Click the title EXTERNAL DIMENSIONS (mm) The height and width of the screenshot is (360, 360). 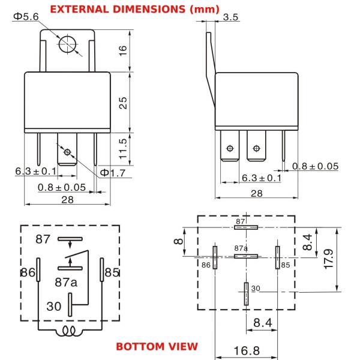tap(134, 10)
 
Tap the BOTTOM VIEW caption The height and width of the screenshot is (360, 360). tap(157, 346)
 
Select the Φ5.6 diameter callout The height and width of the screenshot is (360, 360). tap(26, 17)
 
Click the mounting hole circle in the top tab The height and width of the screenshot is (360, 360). tap(67, 44)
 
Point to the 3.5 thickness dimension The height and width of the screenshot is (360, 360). tap(230, 17)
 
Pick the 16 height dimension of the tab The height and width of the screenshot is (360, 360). tap(123, 50)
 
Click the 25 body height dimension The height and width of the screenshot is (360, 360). tap(123, 103)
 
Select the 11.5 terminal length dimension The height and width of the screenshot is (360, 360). tap(123, 149)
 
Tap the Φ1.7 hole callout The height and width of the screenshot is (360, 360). tap(113, 173)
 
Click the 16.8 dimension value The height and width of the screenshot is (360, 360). tap(247, 351)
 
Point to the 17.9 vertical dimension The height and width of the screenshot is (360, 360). tap(329, 259)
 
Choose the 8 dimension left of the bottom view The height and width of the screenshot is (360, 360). tap(179, 241)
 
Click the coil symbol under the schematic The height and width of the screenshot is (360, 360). tap(69, 331)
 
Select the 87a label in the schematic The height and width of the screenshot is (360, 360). tap(66, 282)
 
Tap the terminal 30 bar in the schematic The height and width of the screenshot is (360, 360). tap(70, 305)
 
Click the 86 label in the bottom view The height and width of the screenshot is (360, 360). tap(206, 265)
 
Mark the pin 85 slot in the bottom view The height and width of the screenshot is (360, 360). tap(278, 257)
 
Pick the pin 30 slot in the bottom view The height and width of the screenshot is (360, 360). tap(247, 294)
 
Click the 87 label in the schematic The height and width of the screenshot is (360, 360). tap(43, 239)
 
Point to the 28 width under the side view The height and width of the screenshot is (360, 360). tap(256, 194)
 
